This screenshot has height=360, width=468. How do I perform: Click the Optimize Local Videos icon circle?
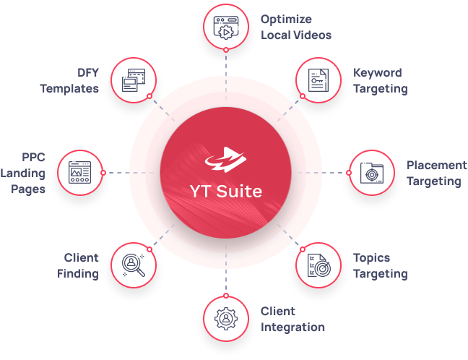225,27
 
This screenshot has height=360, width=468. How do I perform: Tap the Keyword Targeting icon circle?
318,82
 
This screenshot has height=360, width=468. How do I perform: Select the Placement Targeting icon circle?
373,173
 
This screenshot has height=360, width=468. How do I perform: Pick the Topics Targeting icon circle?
318,265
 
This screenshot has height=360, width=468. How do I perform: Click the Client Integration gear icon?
225,319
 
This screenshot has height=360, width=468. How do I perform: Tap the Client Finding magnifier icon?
134,265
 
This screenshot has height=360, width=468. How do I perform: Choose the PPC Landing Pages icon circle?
79,173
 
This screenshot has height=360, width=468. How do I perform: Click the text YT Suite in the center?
225,192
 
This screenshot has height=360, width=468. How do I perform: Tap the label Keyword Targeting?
380,81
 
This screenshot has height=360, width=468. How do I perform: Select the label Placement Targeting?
435,173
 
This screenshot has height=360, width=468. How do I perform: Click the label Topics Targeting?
380,265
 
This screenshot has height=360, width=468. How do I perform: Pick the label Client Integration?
292,319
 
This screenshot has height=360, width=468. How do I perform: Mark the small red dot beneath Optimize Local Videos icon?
225,50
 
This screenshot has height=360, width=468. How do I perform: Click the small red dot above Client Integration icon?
225,295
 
